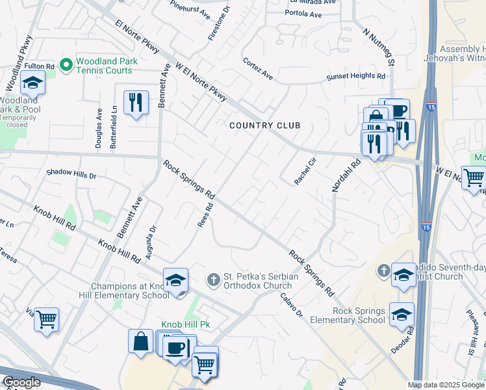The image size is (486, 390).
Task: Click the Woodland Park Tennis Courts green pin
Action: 65,64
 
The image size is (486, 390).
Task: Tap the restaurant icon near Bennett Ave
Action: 135,103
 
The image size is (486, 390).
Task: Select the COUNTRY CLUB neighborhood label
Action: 264,125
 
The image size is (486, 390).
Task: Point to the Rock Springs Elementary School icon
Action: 402,313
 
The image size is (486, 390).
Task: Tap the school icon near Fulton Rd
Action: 32,83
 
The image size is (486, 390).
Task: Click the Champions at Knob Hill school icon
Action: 175,280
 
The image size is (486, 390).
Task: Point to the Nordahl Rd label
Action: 346,176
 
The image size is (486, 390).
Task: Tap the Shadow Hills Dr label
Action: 71,174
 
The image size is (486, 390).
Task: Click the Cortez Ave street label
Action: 258,68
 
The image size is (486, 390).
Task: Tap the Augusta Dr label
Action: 151,242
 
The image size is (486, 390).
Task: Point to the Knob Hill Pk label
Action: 186,324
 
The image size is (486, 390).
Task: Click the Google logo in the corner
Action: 21,382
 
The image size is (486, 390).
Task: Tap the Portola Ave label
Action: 302,14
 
